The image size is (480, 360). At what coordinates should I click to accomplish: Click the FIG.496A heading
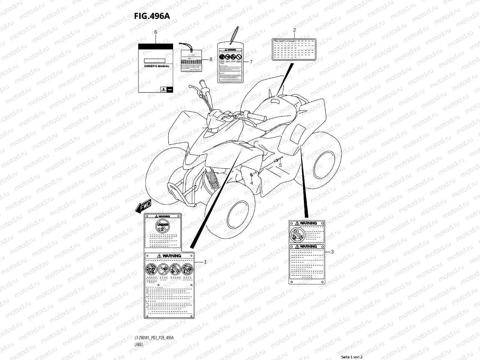click(x=152, y=16)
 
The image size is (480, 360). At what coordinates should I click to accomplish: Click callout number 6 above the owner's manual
click(x=155, y=32)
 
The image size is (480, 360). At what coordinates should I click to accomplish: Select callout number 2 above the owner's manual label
click(x=294, y=30)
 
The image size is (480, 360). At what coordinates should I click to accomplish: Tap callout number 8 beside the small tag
click(x=211, y=59)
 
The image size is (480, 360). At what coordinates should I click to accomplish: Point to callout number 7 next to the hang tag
click(x=251, y=62)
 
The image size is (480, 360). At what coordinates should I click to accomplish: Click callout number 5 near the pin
click(x=280, y=165)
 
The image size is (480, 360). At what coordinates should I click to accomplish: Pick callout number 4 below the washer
click(x=252, y=183)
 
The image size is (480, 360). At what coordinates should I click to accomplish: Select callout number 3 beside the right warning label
click(x=332, y=252)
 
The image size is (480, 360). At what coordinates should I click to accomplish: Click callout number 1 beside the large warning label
click(x=205, y=262)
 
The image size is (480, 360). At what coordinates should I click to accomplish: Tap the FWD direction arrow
click(x=143, y=207)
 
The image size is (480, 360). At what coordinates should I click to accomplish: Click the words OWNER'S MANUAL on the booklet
click(x=157, y=66)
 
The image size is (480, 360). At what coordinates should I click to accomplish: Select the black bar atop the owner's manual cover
click(x=155, y=46)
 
